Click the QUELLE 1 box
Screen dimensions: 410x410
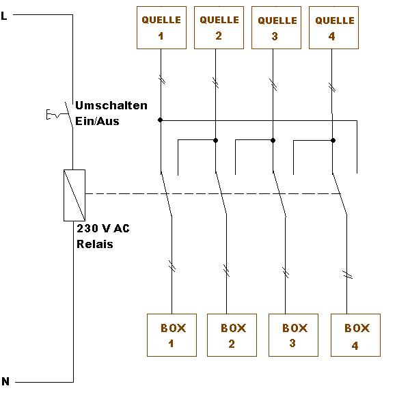[161, 27]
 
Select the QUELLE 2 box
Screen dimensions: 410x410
[219, 27]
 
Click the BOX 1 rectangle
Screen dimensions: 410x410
[172, 335]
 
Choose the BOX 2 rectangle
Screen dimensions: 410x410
[232, 335]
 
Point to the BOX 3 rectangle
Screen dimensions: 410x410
[292, 335]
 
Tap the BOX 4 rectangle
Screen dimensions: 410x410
[355, 336]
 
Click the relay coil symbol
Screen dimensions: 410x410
[74, 195]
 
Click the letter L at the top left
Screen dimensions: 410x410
[5, 15]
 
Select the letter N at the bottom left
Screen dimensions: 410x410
[5, 382]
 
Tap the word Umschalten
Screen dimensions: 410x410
[111, 106]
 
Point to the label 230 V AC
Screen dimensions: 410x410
[102, 228]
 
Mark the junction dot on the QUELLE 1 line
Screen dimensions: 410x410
[161, 120]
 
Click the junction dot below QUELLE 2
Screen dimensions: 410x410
[216, 140]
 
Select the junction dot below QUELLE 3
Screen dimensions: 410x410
[273, 140]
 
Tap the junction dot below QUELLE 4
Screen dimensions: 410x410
[333, 140]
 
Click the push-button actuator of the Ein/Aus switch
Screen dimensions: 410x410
[52, 115]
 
